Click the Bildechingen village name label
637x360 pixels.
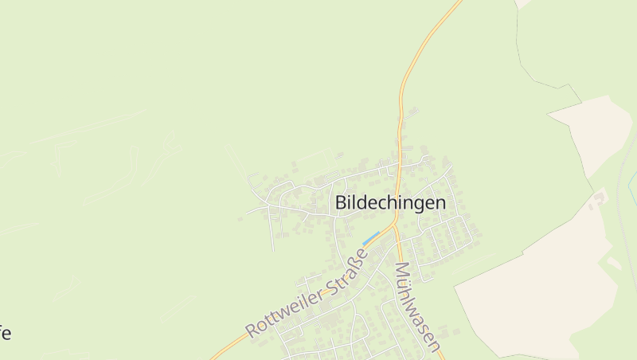coord(390,203)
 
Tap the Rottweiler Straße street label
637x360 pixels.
coord(307,292)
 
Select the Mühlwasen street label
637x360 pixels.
coord(417,307)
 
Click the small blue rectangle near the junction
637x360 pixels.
coord(370,237)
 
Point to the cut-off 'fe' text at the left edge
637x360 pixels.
coord(5,333)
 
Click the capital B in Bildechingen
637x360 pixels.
coord(342,203)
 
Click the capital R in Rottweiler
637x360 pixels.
coord(254,329)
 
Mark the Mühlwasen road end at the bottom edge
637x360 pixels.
coord(441,355)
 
